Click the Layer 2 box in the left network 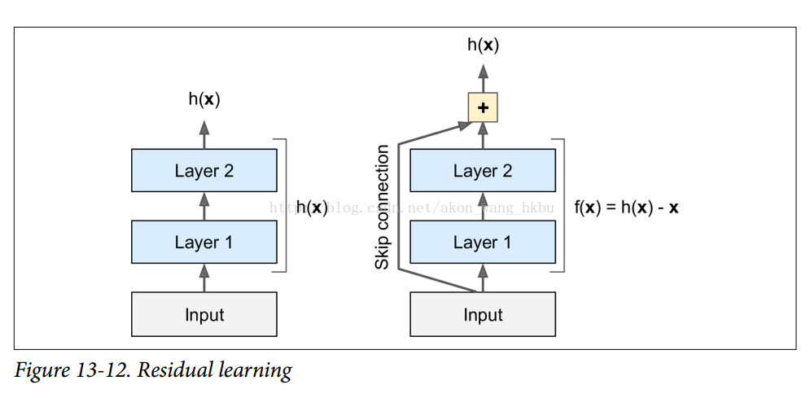pyautogui.click(x=204, y=170)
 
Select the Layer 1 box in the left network pyautogui.click(x=204, y=242)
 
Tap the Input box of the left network pyautogui.click(x=204, y=314)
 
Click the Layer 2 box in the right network pyautogui.click(x=483, y=170)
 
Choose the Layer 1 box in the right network pyautogui.click(x=483, y=242)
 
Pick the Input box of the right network pyautogui.click(x=483, y=314)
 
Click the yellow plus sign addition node pyautogui.click(x=483, y=107)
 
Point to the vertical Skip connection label pyautogui.click(x=382, y=207)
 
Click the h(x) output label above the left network pyautogui.click(x=204, y=99)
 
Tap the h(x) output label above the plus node pyautogui.click(x=483, y=45)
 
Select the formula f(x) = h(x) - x pyautogui.click(x=626, y=208)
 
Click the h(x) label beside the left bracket pyautogui.click(x=311, y=208)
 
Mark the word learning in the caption pyautogui.click(x=255, y=371)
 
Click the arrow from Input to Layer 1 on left pyautogui.click(x=204, y=279)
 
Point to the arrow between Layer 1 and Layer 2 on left pyautogui.click(x=204, y=206)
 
